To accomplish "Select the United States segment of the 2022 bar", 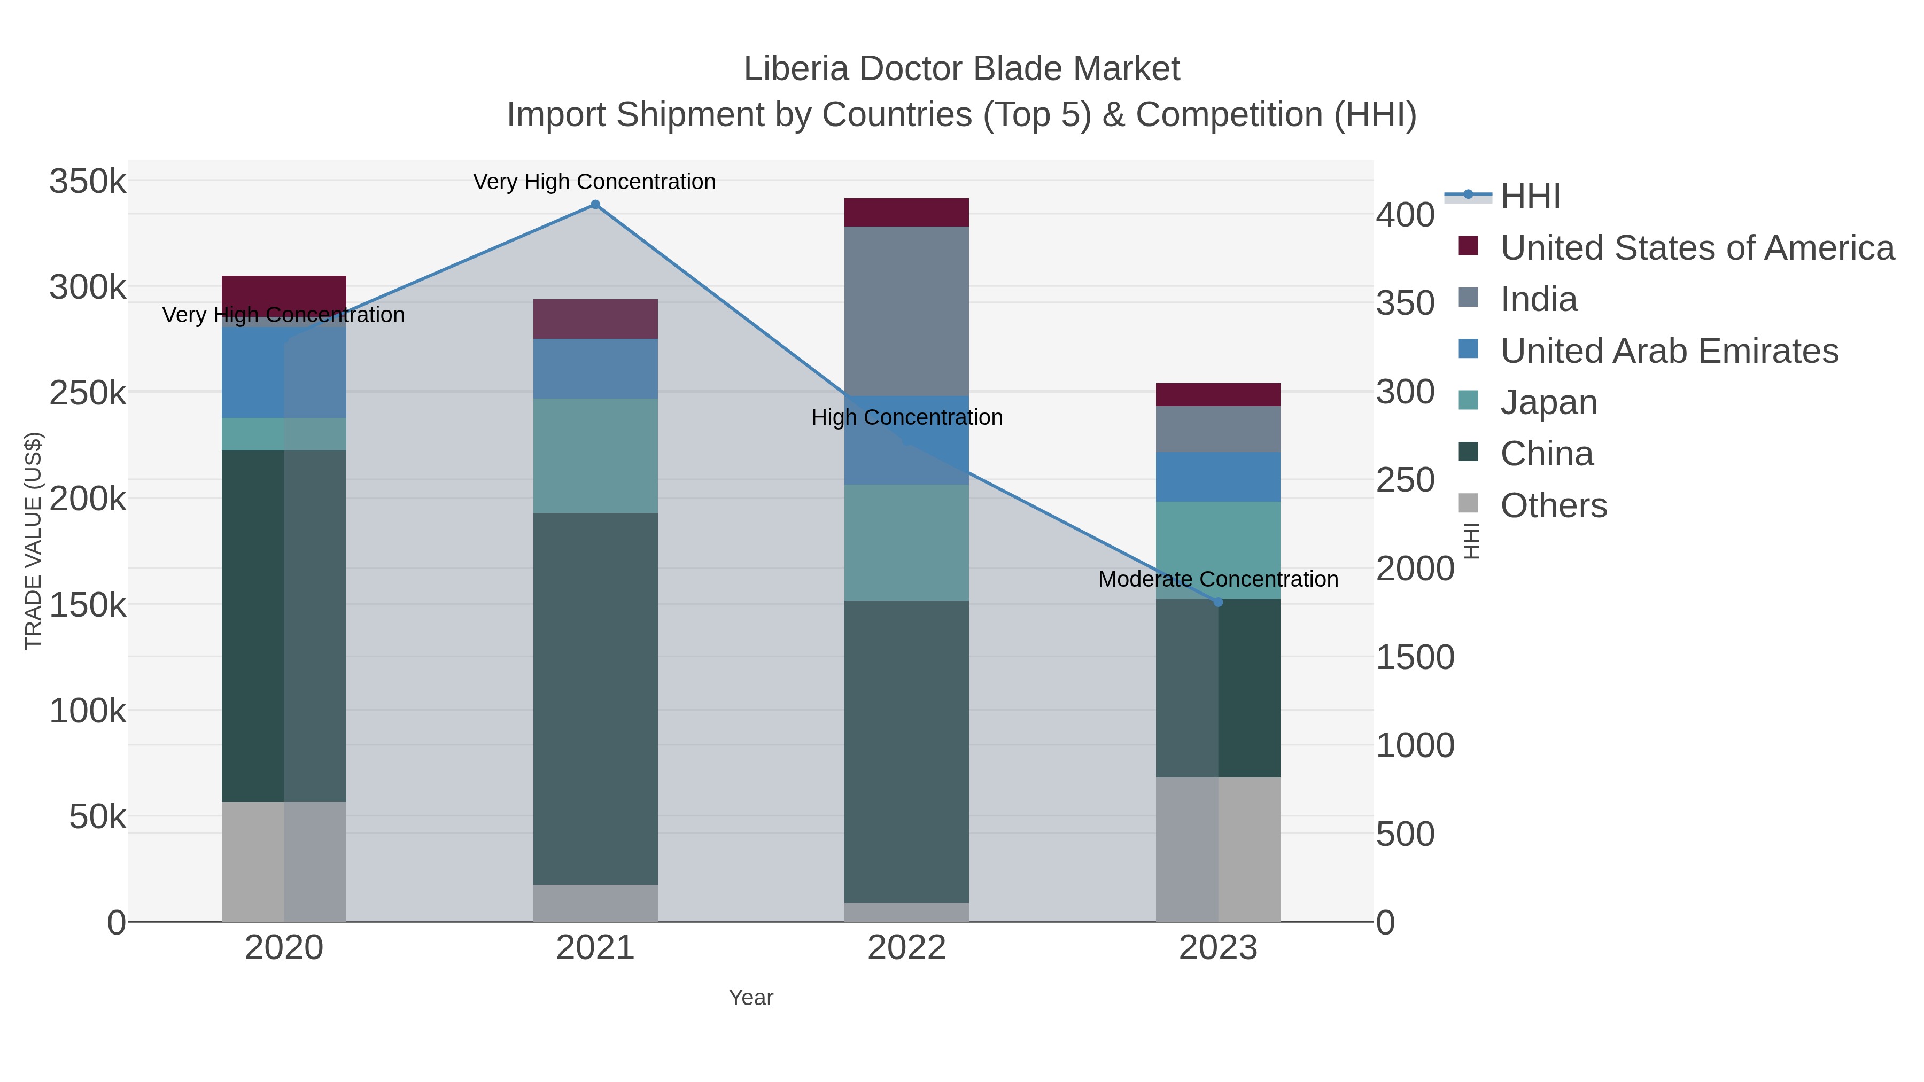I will [x=906, y=213].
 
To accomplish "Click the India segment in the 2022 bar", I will [x=906, y=310].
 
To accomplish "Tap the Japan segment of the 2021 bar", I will [x=595, y=455].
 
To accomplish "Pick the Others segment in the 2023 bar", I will [x=1218, y=849].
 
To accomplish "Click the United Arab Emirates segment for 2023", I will [x=1218, y=477].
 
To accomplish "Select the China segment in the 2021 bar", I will [x=595, y=698].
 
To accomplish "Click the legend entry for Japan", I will [x=1548, y=402].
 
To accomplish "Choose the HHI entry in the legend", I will [x=1530, y=197].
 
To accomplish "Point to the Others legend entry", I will [x=1553, y=505].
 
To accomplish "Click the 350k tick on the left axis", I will [x=88, y=182].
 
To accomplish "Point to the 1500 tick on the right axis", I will [x=1415, y=657].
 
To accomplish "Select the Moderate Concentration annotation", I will [x=1217, y=579].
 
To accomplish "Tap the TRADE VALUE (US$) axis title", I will [x=34, y=541].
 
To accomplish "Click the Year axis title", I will [x=751, y=998].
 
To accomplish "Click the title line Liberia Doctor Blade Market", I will [x=961, y=69].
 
